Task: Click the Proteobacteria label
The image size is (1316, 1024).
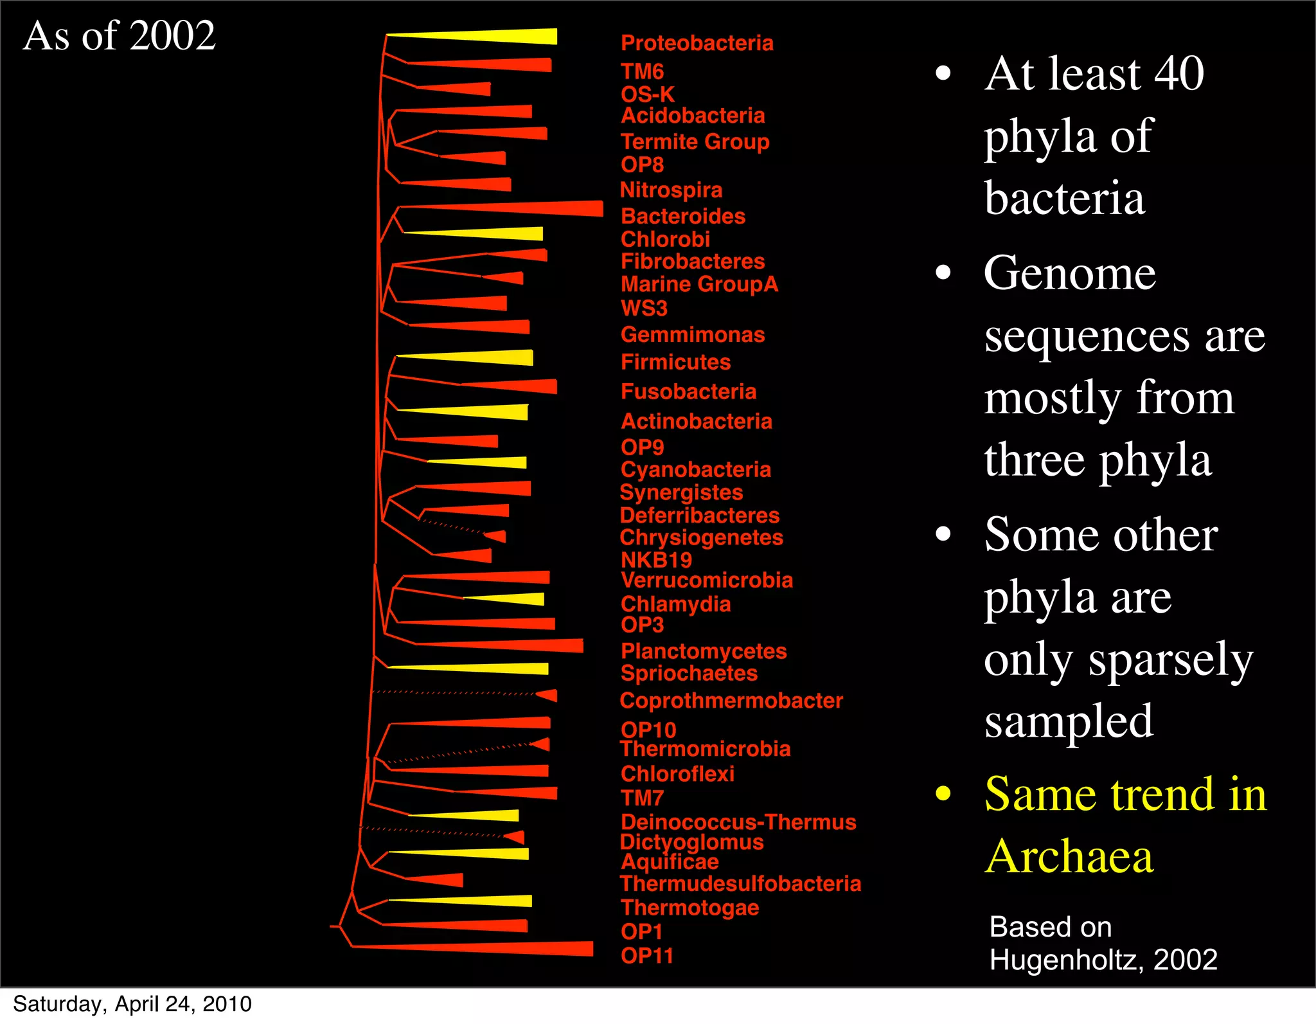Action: point(697,43)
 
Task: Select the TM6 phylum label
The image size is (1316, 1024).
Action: point(642,71)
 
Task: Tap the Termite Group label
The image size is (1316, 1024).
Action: point(695,141)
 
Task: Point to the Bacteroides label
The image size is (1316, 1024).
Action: point(683,216)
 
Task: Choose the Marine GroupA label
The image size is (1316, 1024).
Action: point(699,284)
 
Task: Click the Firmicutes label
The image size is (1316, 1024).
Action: point(675,362)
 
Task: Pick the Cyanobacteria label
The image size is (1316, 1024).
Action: point(696,469)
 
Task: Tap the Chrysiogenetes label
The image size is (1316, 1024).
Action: point(701,537)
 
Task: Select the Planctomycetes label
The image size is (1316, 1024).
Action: point(704,651)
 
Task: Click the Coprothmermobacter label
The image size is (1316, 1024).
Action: point(731,701)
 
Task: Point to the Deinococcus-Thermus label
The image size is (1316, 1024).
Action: point(738,822)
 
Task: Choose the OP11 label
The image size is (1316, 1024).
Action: point(647,956)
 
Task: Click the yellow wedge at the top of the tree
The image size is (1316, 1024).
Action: point(501,37)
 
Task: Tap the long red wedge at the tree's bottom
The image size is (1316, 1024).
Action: point(501,948)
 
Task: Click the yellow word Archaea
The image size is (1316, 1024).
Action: point(1069,856)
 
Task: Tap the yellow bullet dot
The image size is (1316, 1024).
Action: point(943,794)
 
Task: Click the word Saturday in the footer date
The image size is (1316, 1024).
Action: point(59,1004)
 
